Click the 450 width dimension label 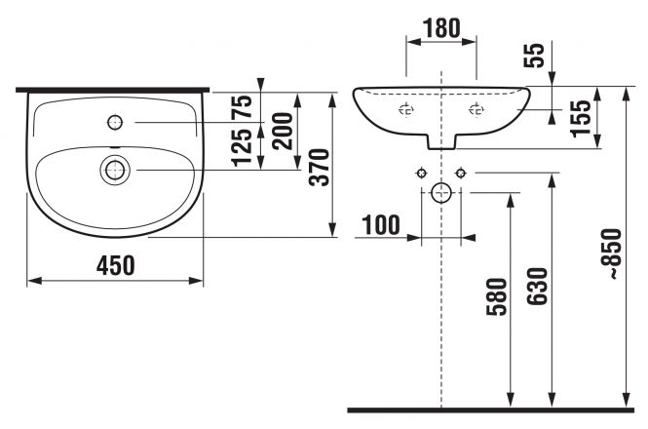(115, 265)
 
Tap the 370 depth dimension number (320, 167)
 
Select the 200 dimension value (284, 132)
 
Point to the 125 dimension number (242, 147)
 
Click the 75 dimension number (242, 106)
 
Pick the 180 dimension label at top (441, 28)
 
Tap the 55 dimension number (534, 56)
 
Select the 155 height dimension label (580, 118)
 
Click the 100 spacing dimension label (381, 225)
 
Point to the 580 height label (496, 297)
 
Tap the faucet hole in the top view (115, 123)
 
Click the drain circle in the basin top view (115, 170)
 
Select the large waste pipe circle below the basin (441, 193)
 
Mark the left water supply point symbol (421, 173)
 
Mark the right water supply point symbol (461, 173)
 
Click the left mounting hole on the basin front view (405, 110)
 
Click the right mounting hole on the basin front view (476, 110)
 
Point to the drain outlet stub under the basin (441, 142)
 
